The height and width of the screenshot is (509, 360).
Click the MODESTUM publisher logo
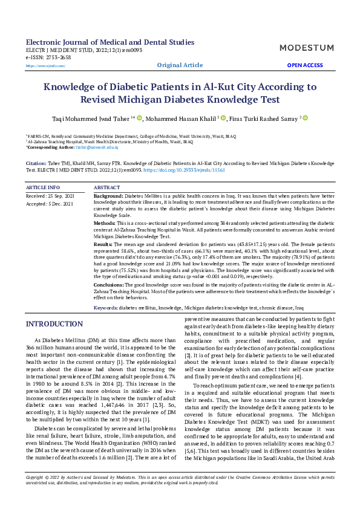click(x=307, y=47)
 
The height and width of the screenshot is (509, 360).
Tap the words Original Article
click(x=180, y=65)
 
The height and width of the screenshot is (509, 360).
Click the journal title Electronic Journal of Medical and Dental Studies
click(x=110, y=42)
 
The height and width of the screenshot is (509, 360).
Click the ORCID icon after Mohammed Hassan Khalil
click(x=223, y=118)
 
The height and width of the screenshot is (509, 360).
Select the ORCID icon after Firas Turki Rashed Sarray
click(x=305, y=118)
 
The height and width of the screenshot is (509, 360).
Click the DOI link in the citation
click(x=184, y=170)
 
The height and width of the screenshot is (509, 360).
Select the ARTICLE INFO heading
click(x=43, y=188)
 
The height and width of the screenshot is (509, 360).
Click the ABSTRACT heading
click(x=107, y=188)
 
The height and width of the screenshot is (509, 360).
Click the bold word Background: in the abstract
click(x=109, y=197)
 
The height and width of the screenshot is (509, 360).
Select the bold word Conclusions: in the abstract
click(x=110, y=284)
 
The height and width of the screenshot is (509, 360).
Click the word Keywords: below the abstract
click(x=106, y=308)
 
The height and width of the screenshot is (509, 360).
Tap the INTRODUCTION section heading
click(x=54, y=325)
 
